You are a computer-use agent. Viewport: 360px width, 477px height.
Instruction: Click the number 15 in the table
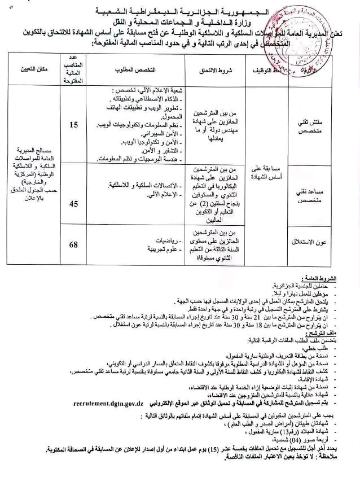[x=74, y=125]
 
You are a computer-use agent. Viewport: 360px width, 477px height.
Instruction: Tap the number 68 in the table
[x=74, y=244]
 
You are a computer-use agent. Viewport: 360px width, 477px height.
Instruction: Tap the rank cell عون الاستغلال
[x=315, y=243]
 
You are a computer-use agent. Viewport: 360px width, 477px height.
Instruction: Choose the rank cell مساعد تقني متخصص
[x=316, y=194]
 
